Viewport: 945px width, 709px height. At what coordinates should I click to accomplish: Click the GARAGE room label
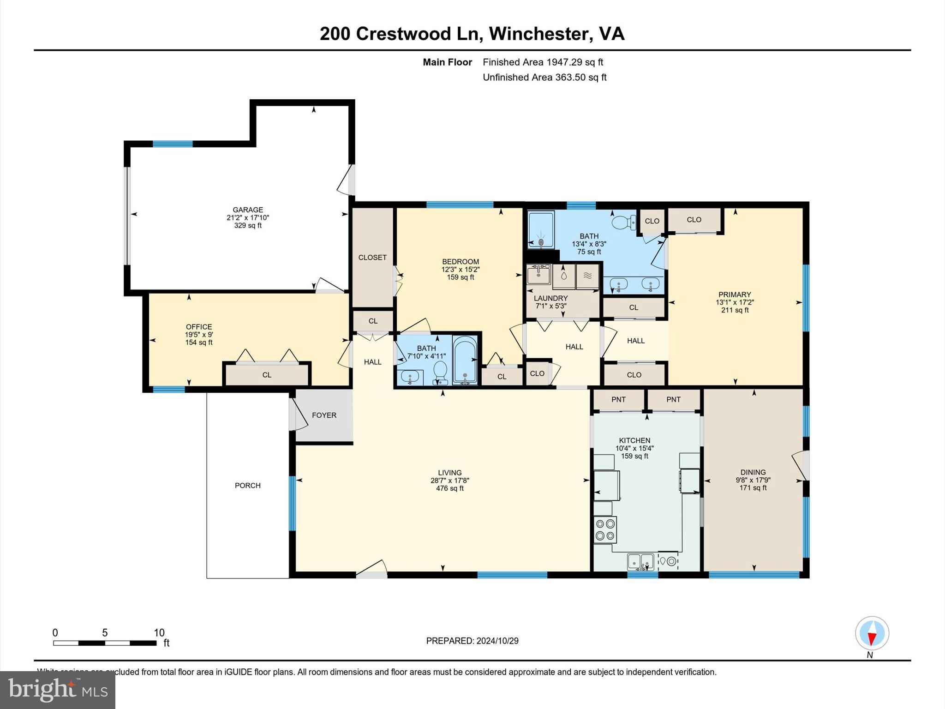(x=248, y=210)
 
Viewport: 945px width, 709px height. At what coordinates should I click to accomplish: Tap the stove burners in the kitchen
(x=605, y=529)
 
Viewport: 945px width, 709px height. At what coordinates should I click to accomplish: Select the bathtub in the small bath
(x=465, y=361)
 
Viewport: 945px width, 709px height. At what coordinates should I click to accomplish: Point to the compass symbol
(x=872, y=633)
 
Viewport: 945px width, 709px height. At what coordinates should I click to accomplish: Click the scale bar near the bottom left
(x=105, y=643)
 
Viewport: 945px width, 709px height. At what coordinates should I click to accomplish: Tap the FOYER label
(x=324, y=415)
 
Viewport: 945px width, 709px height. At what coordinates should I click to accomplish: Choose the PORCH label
(x=248, y=485)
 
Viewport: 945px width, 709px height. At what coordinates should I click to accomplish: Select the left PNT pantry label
(x=618, y=399)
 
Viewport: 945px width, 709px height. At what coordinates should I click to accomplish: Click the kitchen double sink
(x=640, y=561)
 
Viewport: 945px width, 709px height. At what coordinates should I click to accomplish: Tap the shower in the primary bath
(x=541, y=229)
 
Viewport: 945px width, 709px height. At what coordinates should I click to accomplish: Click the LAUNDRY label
(x=550, y=298)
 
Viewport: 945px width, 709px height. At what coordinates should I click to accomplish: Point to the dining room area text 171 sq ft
(x=753, y=487)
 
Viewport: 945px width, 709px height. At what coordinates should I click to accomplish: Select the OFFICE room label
(x=199, y=327)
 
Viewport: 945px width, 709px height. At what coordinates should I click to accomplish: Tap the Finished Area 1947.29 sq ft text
(x=543, y=62)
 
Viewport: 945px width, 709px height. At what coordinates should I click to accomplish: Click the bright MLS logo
(x=58, y=690)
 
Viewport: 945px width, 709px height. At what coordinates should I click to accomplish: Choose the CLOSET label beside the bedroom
(x=372, y=258)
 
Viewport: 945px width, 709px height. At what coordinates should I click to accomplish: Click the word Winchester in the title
(x=538, y=34)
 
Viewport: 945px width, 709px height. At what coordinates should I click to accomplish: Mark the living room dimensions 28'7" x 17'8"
(x=450, y=481)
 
